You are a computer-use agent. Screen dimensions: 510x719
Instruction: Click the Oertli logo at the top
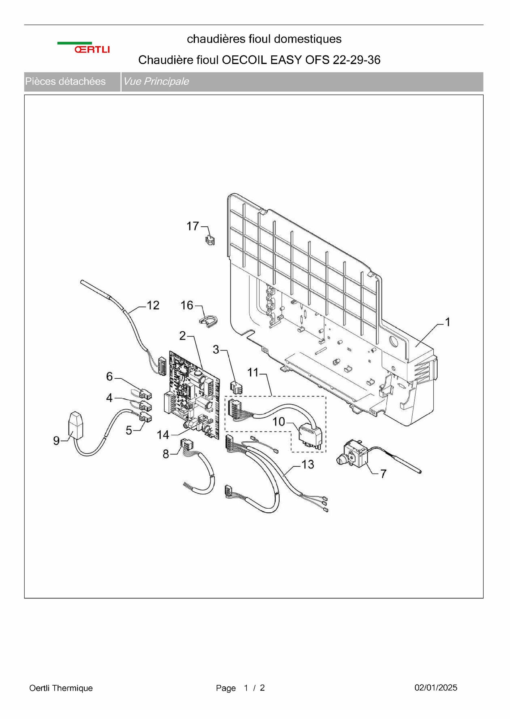[x=84, y=47]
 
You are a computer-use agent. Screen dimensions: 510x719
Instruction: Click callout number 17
[x=193, y=226]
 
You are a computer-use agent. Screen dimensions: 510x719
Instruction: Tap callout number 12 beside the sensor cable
[x=153, y=305]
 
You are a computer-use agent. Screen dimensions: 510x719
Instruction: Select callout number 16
[x=187, y=305]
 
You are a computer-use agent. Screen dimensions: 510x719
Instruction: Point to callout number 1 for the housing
[x=447, y=321]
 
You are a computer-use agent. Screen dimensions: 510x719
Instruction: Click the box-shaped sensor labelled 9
[x=75, y=425]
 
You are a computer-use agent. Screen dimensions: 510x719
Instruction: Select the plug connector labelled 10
[x=310, y=438]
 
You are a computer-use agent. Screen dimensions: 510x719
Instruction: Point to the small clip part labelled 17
[x=210, y=240]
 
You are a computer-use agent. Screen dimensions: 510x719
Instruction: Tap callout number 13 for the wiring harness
[x=308, y=464]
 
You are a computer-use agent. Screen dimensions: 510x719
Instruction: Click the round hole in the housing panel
[x=393, y=341]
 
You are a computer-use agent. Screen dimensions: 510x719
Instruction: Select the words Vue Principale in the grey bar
[x=156, y=81]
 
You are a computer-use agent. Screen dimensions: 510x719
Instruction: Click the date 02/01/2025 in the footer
[x=436, y=688]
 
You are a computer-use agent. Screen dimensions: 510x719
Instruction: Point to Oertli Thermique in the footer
[x=61, y=688]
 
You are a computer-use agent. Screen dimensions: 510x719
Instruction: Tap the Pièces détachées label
[x=65, y=81]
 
